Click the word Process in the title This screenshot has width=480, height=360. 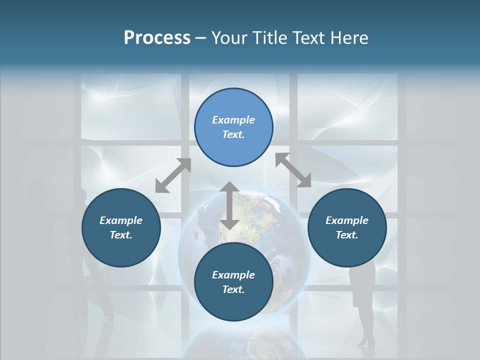(157, 38)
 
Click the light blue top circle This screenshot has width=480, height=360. (233, 127)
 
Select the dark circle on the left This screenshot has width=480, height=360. (121, 227)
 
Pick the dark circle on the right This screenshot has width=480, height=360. (347, 227)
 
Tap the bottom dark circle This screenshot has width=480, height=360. (233, 282)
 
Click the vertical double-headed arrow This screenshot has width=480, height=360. (229, 205)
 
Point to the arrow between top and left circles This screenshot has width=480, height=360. (173, 175)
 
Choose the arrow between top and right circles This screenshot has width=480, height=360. (293, 170)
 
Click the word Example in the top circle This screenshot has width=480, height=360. (233, 120)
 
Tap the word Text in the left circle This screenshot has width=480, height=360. (121, 235)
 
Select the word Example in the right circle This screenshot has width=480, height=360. (347, 220)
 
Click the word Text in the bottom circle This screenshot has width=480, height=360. (233, 289)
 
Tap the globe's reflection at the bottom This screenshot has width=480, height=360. (245, 345)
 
